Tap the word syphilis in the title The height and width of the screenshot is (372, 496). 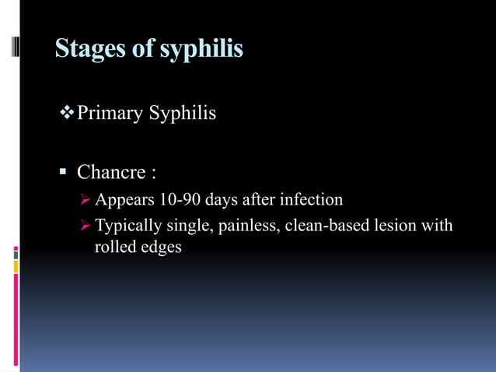click(201, 49)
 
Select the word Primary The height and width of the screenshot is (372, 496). click(110, 114)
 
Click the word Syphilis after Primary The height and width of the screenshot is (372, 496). click(182, 114)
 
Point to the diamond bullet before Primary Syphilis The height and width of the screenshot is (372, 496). click(67, 114)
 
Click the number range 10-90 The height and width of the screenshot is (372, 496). click(179, 200)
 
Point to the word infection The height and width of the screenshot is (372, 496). click(310, 200)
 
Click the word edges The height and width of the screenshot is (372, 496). click(161, 248)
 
